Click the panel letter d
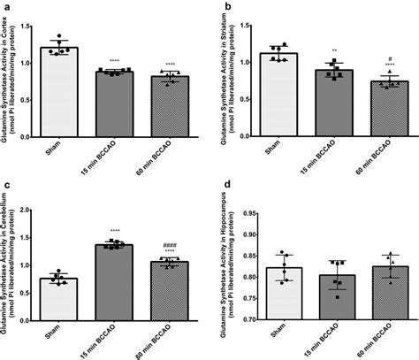(x=228, y=185)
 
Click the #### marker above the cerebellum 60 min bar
(x=163, y=245)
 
